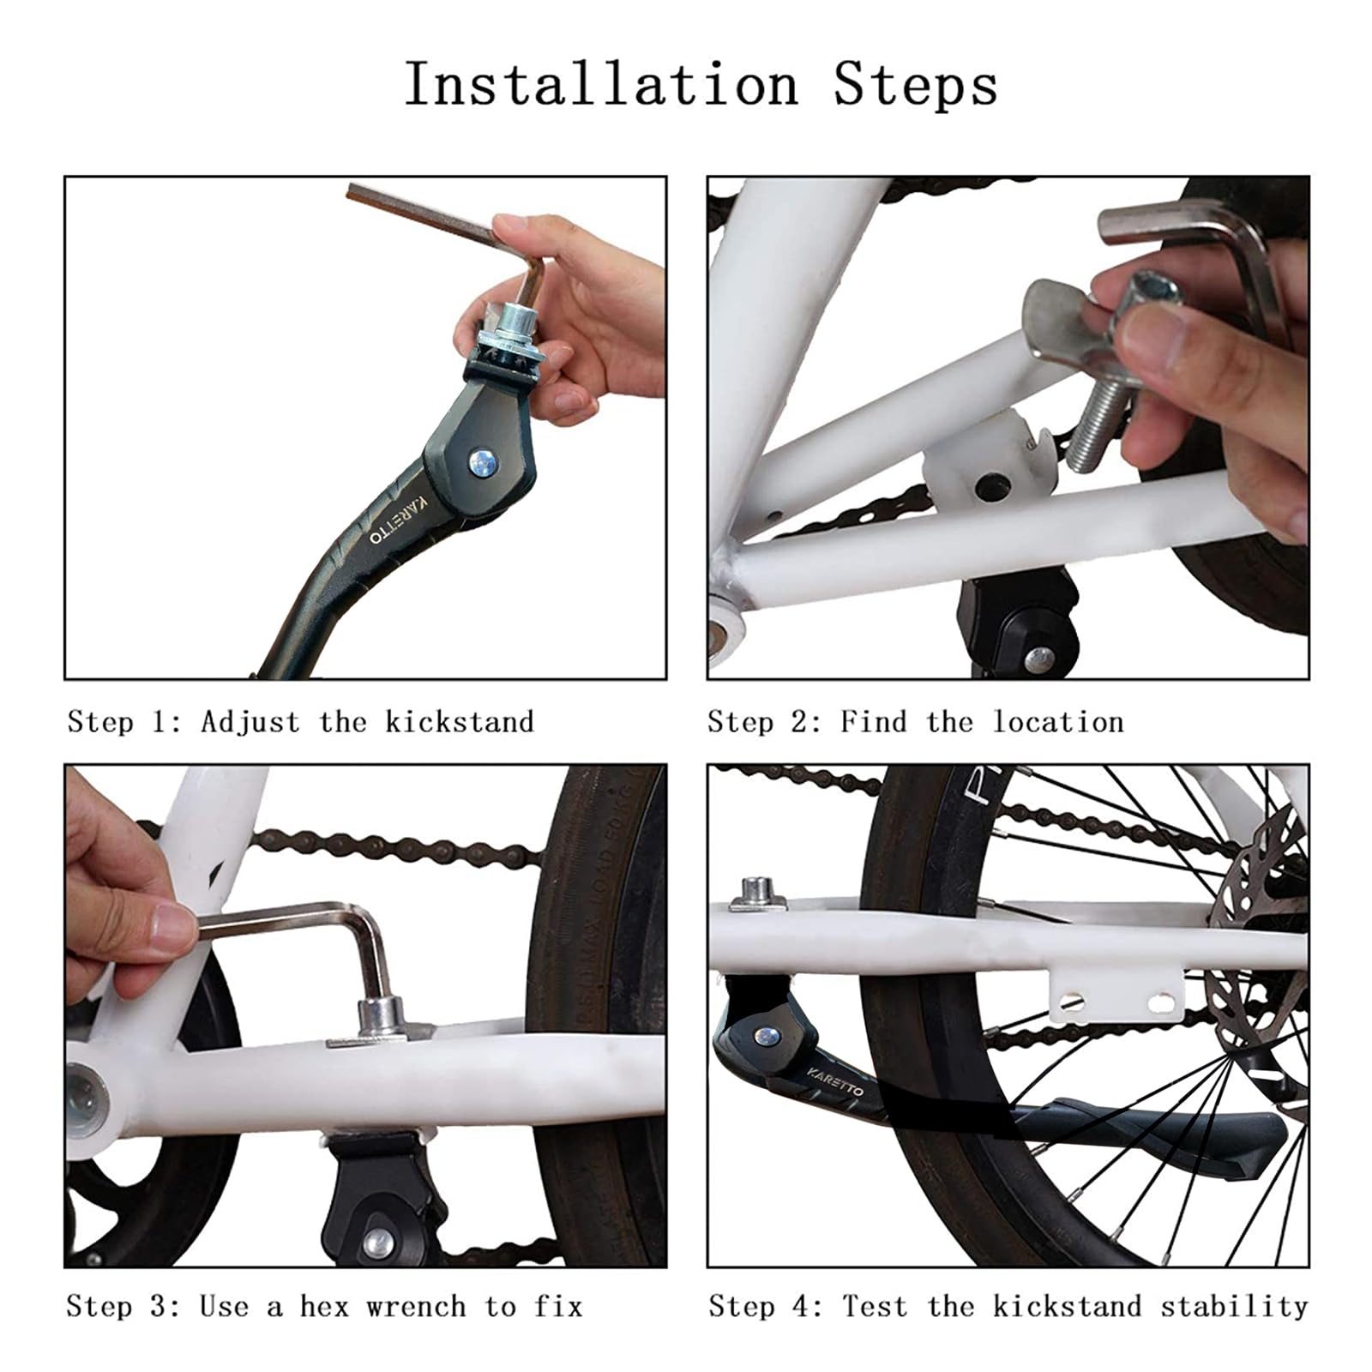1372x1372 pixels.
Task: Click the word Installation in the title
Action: pyautogui.click(x=600, y=86)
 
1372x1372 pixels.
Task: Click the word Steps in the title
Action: pyautogui.click(x=916, y=86)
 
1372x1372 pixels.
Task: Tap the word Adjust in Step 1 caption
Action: pyautogui.click(x=250, y=722)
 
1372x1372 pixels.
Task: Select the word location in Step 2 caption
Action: pyautogui.click(x=1058, y=722)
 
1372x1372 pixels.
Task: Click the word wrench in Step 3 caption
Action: pyautogui.click(x=417, y=1307)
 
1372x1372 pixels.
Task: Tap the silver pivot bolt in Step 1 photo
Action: pyautogui.click(x=483, y=464)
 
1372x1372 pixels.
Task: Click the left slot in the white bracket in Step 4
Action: pyautogui.click(x=1072, y=1001)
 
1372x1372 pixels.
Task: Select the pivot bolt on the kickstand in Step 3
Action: pyautogui.click(x=378, y=1241)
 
